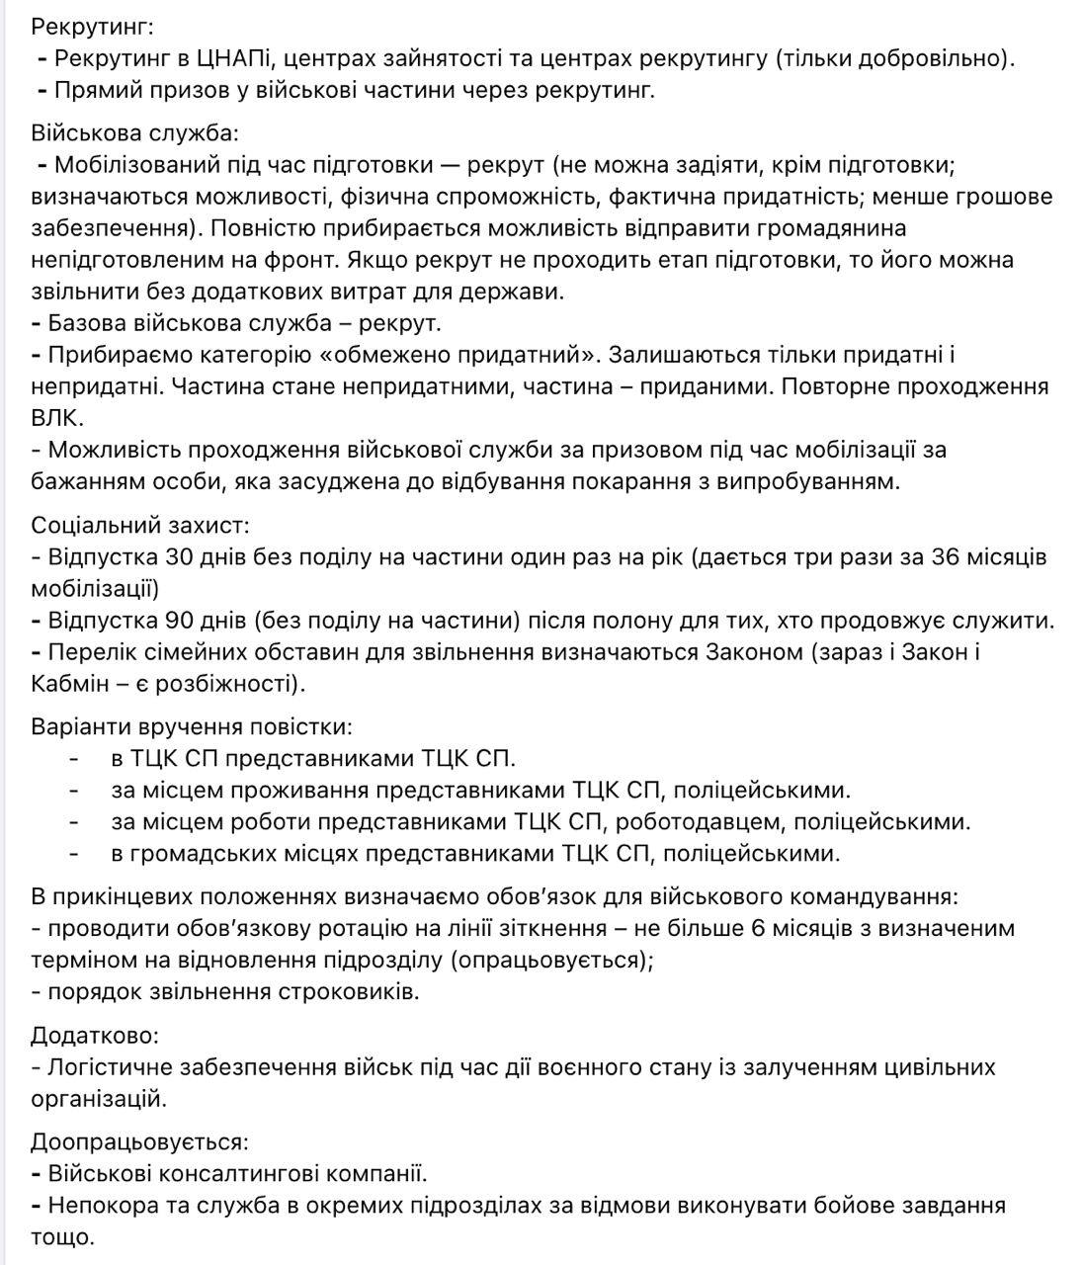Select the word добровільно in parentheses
pyautogui.click(x=934, y=58)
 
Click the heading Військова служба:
pyautogui.click(x=134, y=133)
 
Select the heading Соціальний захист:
pyautogui.click(x=140, y=525)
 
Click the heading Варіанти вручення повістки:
pyautogui.click(x=191, y=726)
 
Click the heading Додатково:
pyautogui.click(x=94, y=1035)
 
